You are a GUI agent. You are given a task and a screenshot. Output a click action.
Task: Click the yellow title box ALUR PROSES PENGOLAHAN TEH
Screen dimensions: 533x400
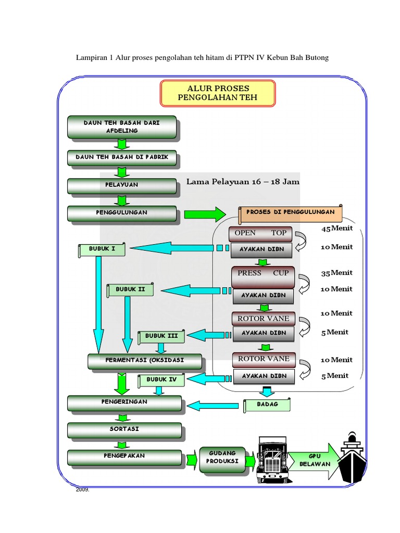[x=218, y=93]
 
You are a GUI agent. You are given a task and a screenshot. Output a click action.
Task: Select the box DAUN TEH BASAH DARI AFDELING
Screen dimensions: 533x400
[x=122, y=127]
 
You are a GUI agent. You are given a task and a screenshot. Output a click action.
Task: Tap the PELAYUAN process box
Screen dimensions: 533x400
[x=122, y=185]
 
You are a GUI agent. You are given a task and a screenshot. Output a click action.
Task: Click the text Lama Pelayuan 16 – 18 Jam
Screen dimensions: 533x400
[x=243, y=182]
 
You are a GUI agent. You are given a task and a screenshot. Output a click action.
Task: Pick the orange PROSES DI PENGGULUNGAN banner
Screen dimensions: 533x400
[x=291, y=213]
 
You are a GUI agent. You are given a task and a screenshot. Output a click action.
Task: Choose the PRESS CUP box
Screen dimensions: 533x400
[x=263, y=273]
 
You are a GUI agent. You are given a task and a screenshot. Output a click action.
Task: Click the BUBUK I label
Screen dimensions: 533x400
[x=103, y=249]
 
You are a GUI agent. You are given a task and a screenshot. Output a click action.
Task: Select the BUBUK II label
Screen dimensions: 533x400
[x=130, y=289]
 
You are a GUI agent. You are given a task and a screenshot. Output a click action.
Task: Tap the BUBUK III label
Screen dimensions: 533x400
[x=161, y=336]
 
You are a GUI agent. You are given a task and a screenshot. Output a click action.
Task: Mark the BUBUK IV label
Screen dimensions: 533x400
[x=161, y=380]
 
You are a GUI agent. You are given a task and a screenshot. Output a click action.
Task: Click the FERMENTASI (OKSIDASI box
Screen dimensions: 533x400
[x=137, y=360]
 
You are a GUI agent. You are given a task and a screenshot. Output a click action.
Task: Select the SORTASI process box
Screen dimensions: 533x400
[x=124, y=429]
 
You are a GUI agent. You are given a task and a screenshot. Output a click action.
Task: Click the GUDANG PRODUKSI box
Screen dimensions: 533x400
[x=222, y=459]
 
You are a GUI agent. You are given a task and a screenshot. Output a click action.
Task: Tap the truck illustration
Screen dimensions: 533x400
[x=272, y=459]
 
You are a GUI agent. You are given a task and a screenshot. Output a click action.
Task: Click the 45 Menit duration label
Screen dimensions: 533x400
[x=337, y=229]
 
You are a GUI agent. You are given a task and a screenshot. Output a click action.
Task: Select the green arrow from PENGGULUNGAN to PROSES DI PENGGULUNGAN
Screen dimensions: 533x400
[x=204, y=213]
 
